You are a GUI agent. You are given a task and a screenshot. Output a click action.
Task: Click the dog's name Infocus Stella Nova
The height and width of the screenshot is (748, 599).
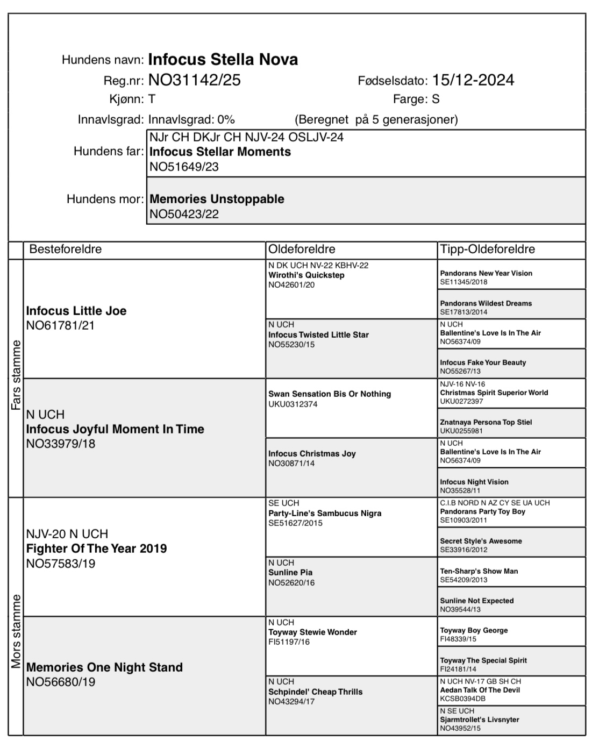(x=223, y=59)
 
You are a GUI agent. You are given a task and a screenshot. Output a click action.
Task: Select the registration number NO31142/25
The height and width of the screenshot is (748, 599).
(x=194, y=80)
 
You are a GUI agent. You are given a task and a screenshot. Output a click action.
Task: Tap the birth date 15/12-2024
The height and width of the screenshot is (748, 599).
(x=473, y=80)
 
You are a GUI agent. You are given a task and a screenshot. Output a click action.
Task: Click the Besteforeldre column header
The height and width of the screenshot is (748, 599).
(x=65, y=249)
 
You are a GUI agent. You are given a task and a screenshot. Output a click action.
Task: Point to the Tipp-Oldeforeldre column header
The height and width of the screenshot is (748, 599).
(x=487, y=249)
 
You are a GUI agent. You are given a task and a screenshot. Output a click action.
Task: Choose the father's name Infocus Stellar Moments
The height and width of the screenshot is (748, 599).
(x=220, y=152)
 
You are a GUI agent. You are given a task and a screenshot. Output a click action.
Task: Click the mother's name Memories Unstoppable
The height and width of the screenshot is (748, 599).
(x=217, y=199)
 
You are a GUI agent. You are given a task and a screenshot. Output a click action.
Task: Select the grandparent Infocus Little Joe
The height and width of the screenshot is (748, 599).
(x=76, y=311)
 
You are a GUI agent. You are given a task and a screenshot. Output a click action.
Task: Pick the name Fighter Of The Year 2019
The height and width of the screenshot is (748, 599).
(x=96, y=548)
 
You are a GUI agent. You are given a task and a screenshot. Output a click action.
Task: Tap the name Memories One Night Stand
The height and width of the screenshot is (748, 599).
(x=104, y=667)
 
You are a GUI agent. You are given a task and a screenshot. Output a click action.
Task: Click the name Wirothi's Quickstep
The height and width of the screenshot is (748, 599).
(x=306, y=275)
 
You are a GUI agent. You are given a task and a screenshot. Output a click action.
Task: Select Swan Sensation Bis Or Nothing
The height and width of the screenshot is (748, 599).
(x=329, y=394)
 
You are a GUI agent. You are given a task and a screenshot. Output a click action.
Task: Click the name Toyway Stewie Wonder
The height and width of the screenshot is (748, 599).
(x=312, y=632)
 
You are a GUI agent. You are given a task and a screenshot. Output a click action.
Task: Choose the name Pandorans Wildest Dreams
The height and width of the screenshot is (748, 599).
(x=486, y=303)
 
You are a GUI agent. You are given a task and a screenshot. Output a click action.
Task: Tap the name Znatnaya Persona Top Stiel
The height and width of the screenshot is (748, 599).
(x=486, y=422)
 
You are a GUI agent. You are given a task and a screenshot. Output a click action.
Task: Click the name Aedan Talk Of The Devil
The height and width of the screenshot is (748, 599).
(x=480, y=690)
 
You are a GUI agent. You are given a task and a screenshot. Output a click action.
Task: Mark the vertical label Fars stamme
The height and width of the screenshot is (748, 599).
(x=16, y=375)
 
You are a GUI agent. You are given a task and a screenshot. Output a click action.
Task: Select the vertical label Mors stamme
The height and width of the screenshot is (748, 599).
(x=16, y=631)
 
